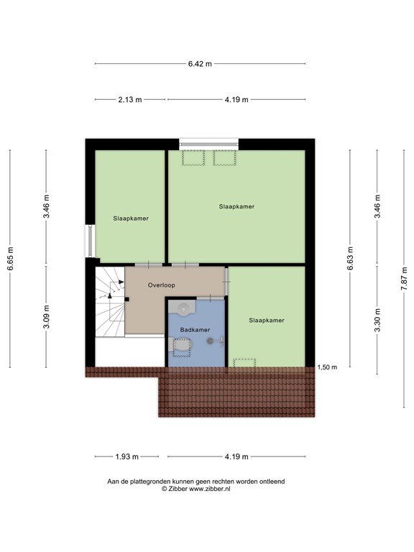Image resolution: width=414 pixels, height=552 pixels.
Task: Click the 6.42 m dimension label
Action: tap(201, 64)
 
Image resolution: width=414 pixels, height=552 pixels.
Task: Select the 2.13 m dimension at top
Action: tap(129, 100)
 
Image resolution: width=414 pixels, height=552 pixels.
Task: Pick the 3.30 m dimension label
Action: tap(377, 318)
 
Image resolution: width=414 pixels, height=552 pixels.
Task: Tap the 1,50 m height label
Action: tap(327, 367)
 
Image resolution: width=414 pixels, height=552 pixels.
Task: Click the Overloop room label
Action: tap(162, 285)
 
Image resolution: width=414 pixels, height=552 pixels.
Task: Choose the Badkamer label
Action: tap(195, 330)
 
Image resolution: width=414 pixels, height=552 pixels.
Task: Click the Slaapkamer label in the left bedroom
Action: tap(131, 218)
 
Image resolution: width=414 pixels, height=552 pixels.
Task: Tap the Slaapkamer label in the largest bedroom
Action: tap(237, 206)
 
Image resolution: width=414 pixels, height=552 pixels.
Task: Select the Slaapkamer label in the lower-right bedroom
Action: tap(267, 320)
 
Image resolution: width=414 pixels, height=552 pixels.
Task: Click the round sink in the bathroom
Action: tap(184, 309)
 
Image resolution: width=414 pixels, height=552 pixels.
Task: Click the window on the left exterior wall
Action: tap(90, 241)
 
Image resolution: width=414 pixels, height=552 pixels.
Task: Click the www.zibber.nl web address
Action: tap(210, 489)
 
